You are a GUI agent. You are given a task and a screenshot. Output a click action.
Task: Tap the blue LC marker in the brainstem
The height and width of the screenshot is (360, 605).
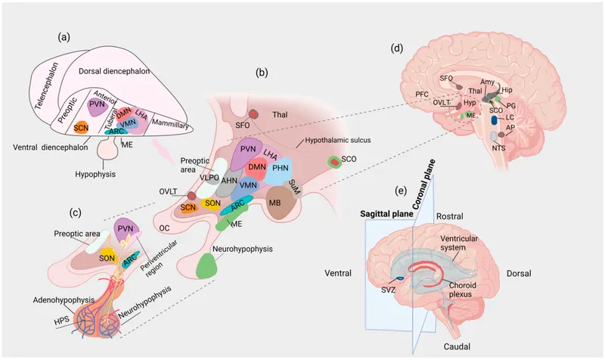494,119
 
